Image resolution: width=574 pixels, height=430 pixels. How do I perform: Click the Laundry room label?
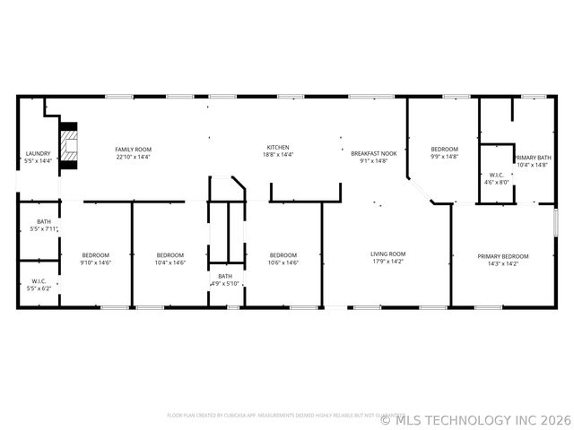[x=38, y=153]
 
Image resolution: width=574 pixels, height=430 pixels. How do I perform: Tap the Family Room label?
[x=133, y=149]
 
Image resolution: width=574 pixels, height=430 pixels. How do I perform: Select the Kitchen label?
[x=278, y=148]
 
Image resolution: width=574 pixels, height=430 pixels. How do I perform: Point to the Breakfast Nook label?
[x=372, y=154]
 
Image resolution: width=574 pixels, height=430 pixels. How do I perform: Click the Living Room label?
[x=388, y=254]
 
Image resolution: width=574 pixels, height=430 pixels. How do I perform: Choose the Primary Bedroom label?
[x=503, y=256]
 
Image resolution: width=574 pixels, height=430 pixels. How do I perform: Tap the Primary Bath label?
[x=533, y=158]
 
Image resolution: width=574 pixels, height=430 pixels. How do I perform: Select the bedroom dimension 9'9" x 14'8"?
[x=444, y=157]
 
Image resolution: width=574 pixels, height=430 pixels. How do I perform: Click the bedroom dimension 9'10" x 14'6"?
[x=95, y=262]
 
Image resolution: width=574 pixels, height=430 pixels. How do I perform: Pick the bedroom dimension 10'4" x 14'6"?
[x=170, y=262]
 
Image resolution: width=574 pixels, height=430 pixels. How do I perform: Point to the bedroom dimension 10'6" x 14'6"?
[x=283, y=262]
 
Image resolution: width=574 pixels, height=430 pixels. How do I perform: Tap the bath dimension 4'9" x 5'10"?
[x=224, y=284]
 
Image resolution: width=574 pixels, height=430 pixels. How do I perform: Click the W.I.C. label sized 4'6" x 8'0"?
[x=497, y=182]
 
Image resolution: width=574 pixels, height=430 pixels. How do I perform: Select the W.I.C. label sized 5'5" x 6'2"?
[x=38, y=289]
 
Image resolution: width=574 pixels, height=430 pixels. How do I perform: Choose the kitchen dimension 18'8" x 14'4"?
[x=278, y=155]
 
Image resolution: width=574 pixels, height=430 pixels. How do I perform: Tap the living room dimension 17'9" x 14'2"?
[x=388, y=262]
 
